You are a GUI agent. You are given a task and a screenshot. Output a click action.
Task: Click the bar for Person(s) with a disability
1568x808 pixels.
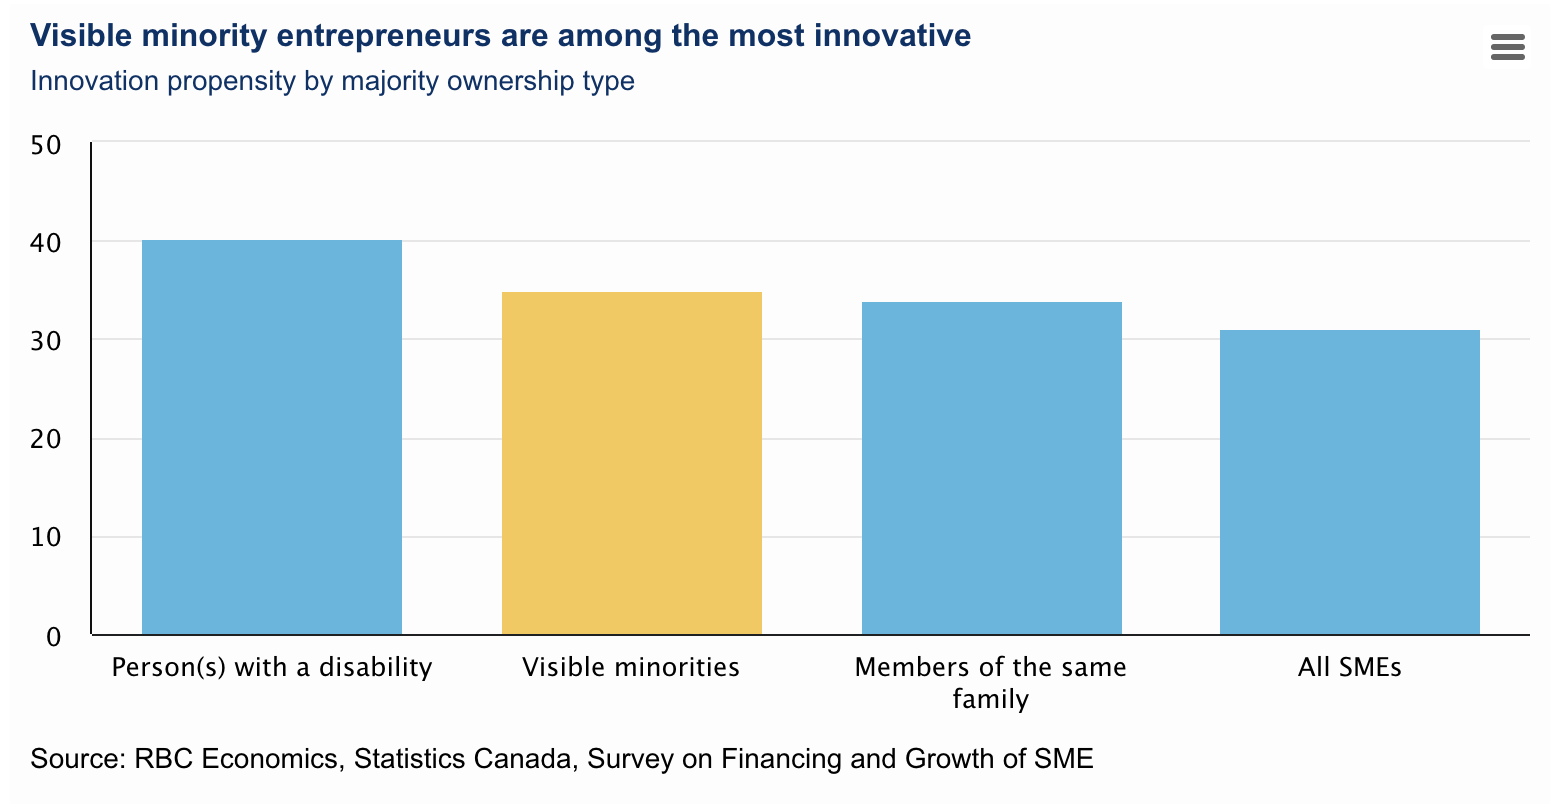pos(272,437)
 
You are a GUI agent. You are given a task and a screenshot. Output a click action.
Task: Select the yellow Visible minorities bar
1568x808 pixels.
pos(631,463)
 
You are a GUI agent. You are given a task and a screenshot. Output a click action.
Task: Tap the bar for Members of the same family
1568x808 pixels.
pos(991,468)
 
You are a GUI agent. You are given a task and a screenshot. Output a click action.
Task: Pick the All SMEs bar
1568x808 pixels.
pos(1349,482)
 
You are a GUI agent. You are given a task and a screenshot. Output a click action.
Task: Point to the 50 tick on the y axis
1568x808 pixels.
pos(46,145)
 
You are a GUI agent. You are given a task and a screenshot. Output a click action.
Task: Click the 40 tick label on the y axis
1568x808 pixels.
pos(46,243)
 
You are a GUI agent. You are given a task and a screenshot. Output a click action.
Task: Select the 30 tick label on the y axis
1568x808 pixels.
pos(46,341)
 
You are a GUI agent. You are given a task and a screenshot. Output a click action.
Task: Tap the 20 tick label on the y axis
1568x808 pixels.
pos(46,440)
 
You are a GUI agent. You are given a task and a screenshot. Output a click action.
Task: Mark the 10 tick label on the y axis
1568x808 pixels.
pos(46,538)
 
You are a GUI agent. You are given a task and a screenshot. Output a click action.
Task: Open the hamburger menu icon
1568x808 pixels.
pos(1507,47)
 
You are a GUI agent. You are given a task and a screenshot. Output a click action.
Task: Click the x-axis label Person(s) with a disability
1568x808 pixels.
pos(272,667)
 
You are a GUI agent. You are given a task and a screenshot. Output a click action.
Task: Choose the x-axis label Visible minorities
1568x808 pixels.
pos(631,667)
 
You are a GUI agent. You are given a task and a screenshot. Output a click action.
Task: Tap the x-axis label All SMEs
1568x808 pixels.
pos(1349,667)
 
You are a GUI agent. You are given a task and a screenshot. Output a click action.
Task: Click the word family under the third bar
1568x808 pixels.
pos(990,699)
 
